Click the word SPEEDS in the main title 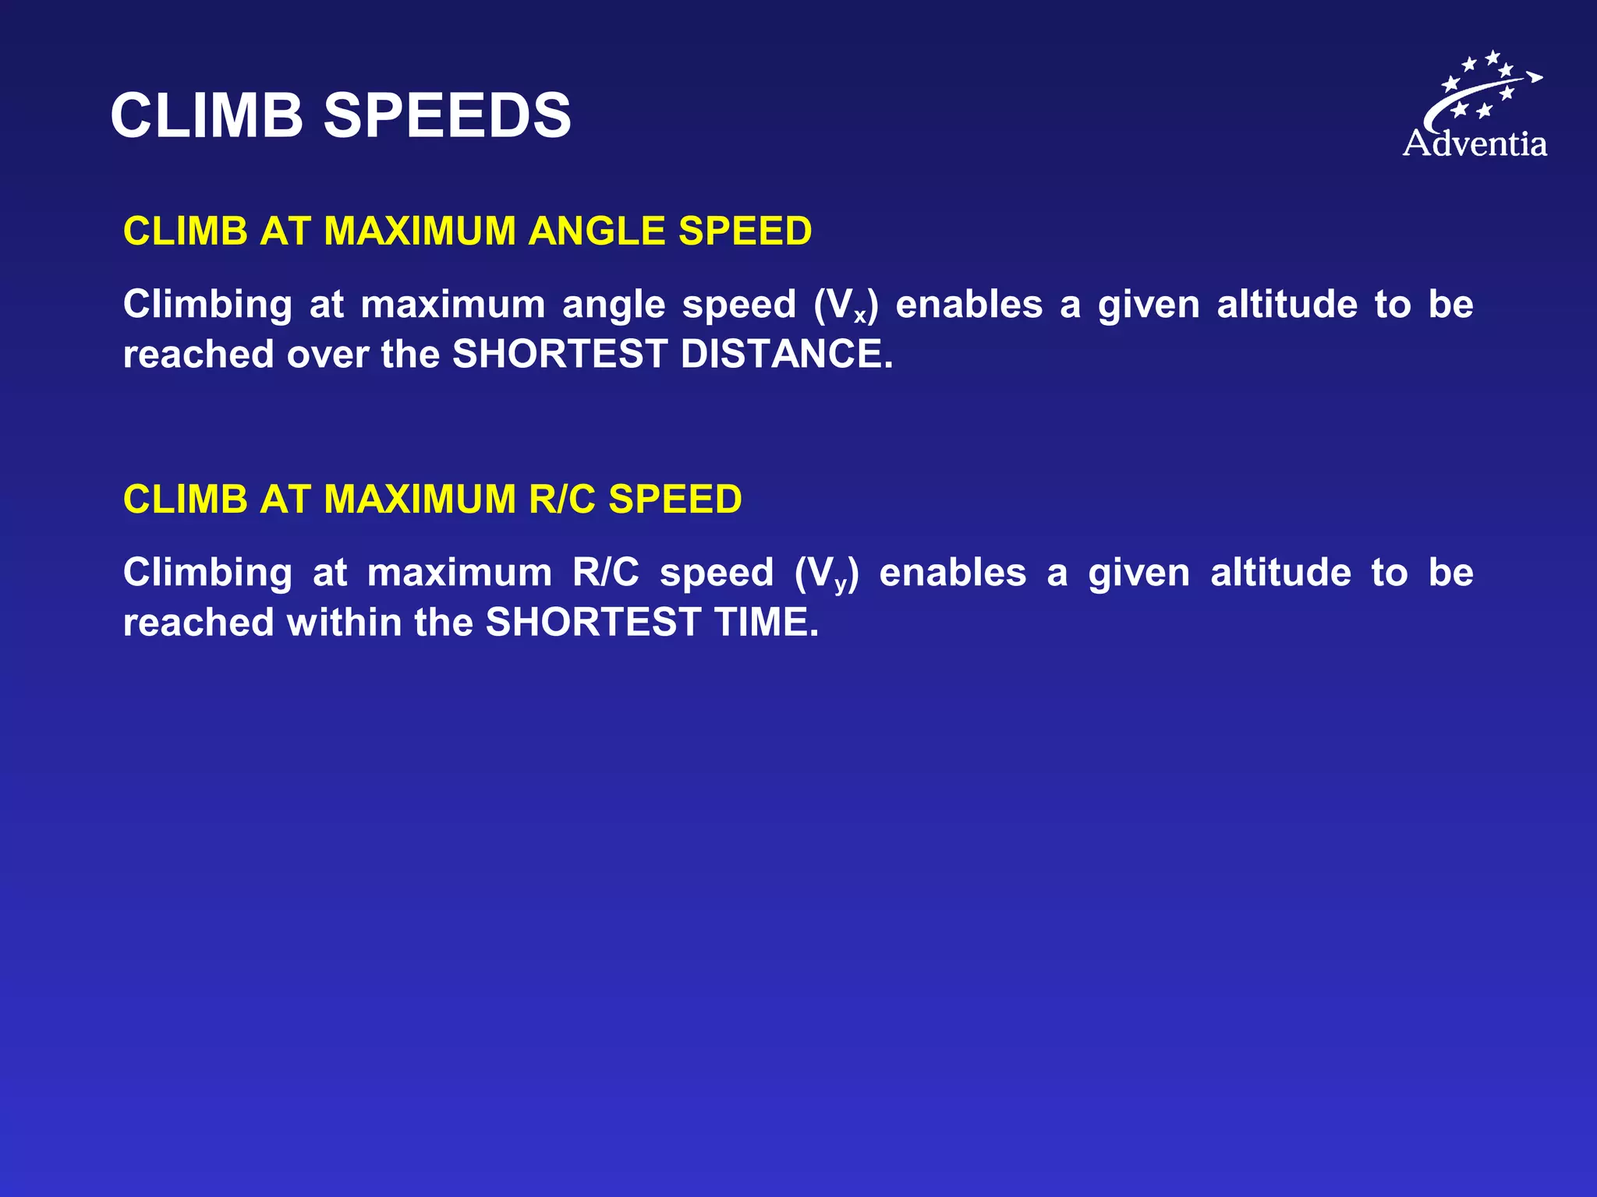click(x=447, y=116)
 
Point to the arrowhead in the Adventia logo click(x=1535, y=76)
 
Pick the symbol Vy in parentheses click(x=828, y=574)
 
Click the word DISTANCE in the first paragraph click(x=786, y=355)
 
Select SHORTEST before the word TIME click(x=593, y=623)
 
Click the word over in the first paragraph click(x=328, y=355)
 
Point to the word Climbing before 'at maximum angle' click(x=207, y=305)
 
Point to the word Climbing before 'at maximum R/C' click(x=207, y=573)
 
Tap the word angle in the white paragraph click(x=614, y=305)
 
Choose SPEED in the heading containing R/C click(x=675, y=500)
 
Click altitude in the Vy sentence click(x=1280, y=573)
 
